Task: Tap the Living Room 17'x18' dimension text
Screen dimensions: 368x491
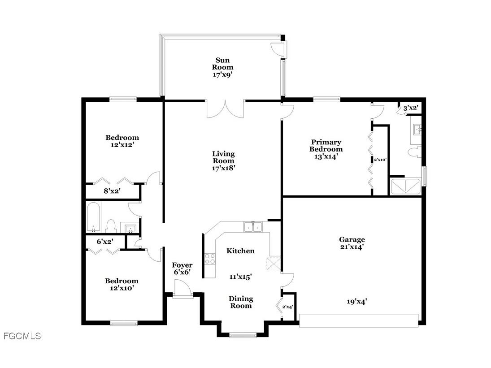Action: click(x=223, y=168)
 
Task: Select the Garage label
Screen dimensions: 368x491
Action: click(x=352, y=239)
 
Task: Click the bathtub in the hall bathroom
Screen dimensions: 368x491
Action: click(x=94, y=217)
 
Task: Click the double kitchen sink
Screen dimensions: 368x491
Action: click(x=253, y=227)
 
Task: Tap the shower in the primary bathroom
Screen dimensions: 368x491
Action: click(x=406, y=186)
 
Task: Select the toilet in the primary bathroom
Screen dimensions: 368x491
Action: click(x=414, y=152)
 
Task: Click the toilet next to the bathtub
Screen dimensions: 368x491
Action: click(x=111, y=225)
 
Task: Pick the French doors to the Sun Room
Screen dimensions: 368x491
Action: click(x=225, y=109)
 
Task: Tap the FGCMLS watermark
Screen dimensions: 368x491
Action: click(x=22, y=336)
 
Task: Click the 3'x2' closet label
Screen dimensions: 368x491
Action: click(x=411, y=108)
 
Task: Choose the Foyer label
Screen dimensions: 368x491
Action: click(x=182, y=265)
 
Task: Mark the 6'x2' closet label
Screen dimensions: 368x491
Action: click(x=105, y=241)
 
